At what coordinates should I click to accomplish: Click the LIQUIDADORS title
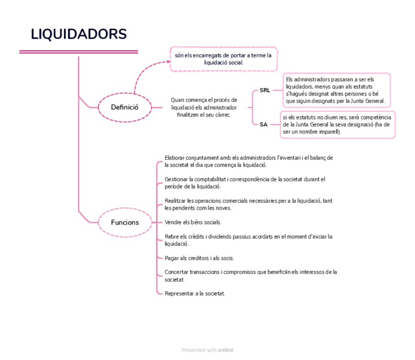(79, 34)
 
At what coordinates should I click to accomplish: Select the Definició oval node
(125, 107)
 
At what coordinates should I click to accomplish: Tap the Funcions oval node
(125, 222)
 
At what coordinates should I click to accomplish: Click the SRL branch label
(264, 90)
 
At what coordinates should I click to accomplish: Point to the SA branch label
(263, 124)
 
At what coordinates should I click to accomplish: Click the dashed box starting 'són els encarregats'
(223, 59)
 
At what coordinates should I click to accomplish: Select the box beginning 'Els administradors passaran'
(337, 91)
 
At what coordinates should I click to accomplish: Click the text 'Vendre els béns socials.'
(193, 222)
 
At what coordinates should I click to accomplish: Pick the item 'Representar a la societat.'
(195, 293)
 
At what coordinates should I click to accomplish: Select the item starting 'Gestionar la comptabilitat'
(245, 183)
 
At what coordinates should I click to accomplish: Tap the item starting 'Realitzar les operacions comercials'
(249, 204)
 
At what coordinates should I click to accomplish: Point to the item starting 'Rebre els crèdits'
(249, 240)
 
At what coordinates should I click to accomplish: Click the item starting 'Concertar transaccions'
(251, 275)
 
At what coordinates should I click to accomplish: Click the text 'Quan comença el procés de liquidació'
(204, 107)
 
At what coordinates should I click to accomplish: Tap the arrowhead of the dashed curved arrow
(166, 62)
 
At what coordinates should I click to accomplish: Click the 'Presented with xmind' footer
(207, 350)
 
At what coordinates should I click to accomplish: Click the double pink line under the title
(79, 52)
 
